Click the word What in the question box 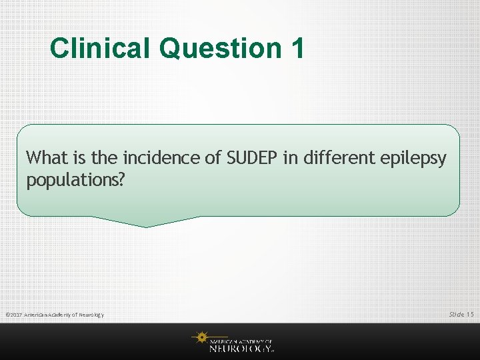[x=45, y=158]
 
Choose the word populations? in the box [x=75, y=181]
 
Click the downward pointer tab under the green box [x=147, y=221]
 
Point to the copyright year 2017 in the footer [x=17, y=315]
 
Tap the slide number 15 [x=470, y=314]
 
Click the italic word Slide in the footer [x=456, y=314]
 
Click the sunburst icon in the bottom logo [x=201, y=339]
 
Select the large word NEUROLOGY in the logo [x=239, y=348]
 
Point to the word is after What [x=75, y=158]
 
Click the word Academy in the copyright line [x=63, y=315]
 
